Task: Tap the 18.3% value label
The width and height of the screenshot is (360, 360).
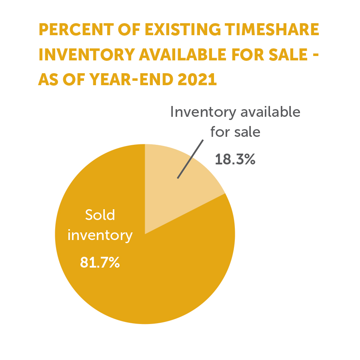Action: pyautogui.click(x=235, y=159)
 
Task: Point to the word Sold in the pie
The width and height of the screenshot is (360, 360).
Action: pyautogui.click(x=100, y=215)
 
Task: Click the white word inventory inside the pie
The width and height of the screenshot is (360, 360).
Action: pyautogui.click(x=100, y=235)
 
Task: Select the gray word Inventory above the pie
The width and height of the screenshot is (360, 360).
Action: pyautogui.click(x=203, y=112)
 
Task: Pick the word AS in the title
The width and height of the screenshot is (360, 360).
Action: pyautogui.click(x=48, y=79)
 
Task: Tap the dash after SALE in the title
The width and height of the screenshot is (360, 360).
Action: pyautogui.click(x=316, y=55)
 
